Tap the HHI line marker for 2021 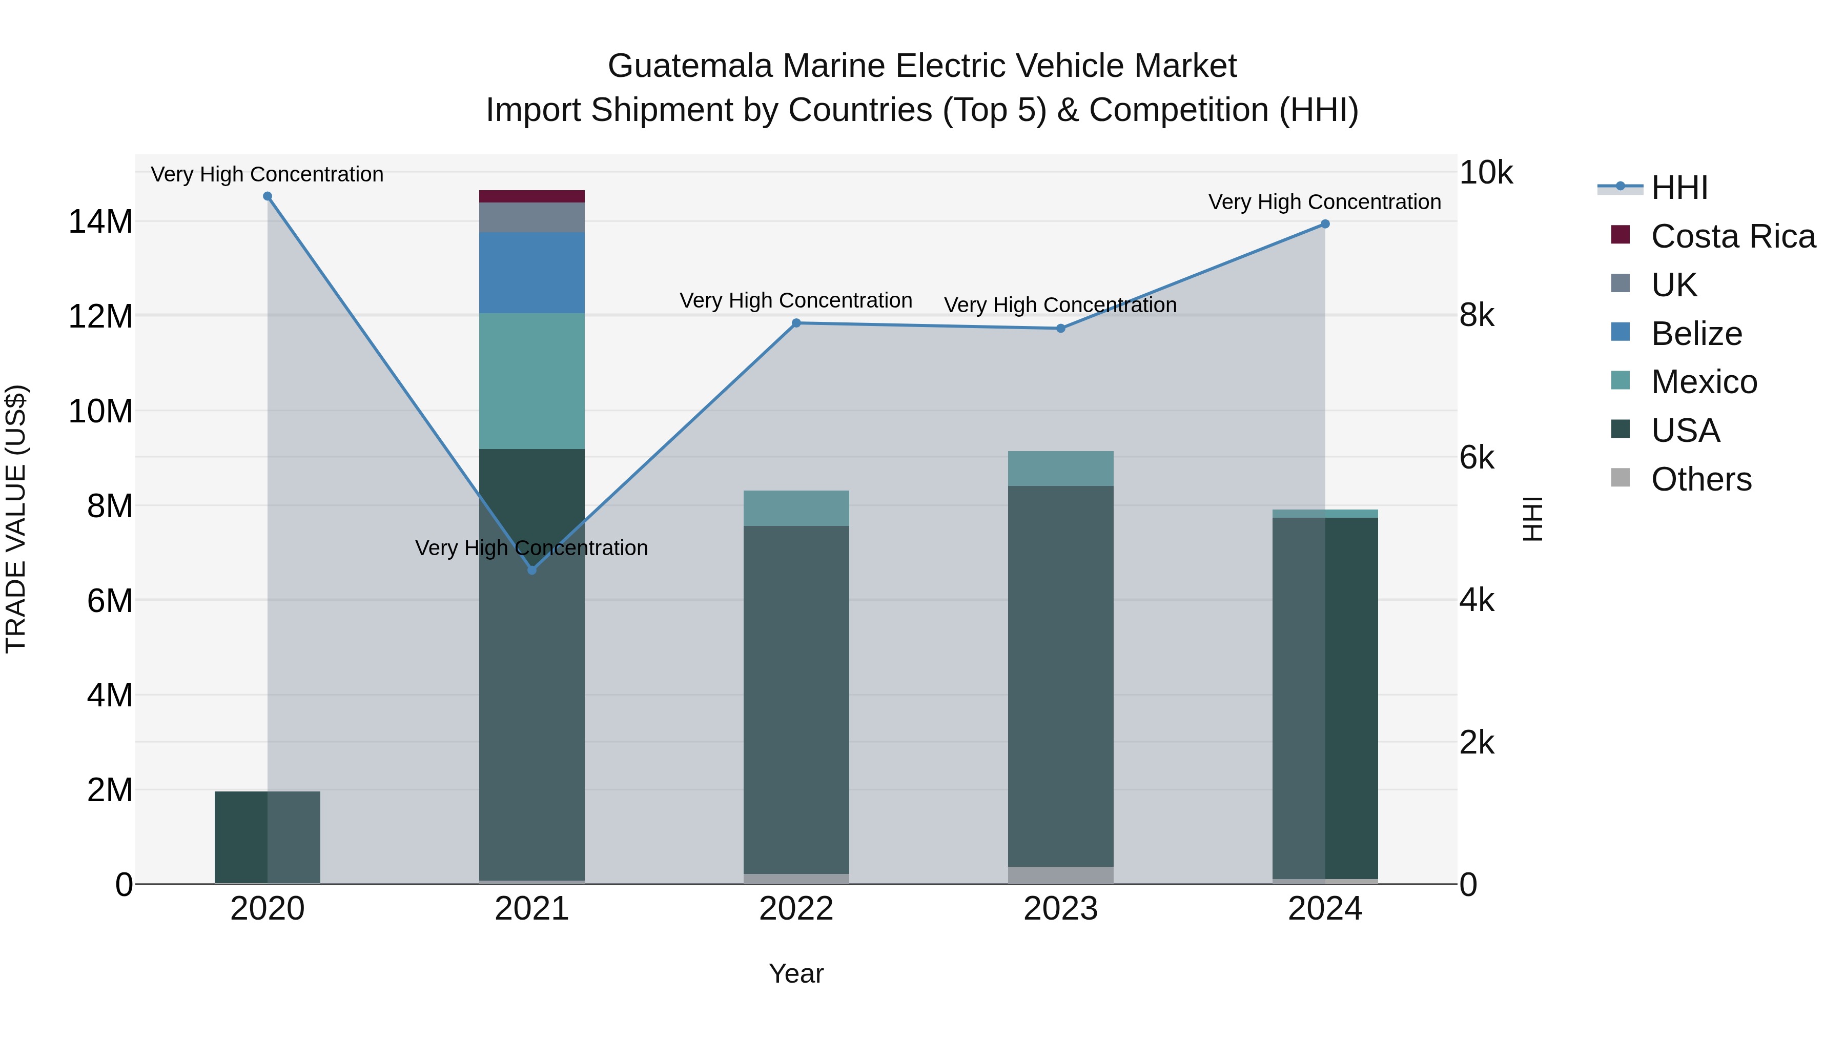(531, 570)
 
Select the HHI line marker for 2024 (1325, 224)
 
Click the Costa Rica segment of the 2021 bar (531, 196)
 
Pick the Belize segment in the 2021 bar (531, 273)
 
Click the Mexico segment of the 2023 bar (1061, 469)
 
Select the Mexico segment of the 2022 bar (796, 508)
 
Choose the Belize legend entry (1696, 334)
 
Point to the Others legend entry (1700, 479)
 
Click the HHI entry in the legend (1679, 188)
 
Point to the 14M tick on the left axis (100, 221)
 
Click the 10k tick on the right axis (1486, 173)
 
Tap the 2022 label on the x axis (796, 909)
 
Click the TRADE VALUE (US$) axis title (16, 519)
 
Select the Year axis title (796, 973)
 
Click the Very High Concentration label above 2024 (1324, 202)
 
